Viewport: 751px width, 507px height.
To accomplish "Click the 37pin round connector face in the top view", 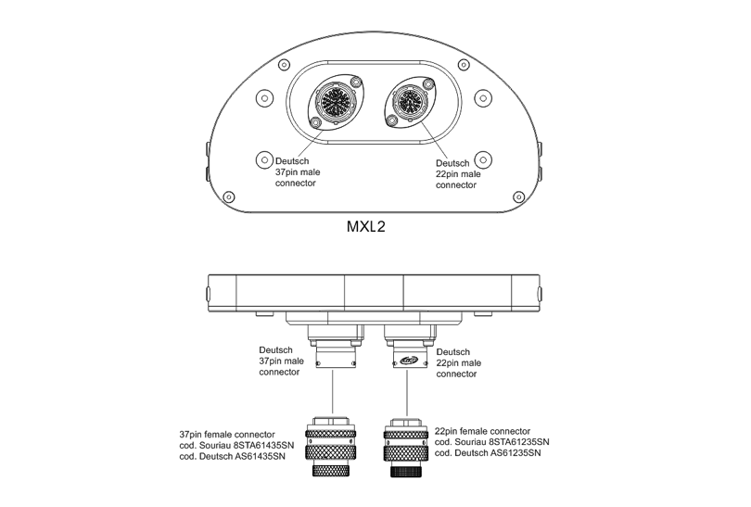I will tap(335, 100).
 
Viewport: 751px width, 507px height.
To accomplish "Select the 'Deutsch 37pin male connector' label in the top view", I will tap(289, 172).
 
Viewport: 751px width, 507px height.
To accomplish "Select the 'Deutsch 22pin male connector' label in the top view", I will tap(458, 173).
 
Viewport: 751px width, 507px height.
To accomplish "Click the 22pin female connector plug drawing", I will tap(409, 448).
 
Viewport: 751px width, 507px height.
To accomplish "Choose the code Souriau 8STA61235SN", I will tap(491, 442).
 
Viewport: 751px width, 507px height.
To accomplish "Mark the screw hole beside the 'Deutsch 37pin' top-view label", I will tap(262, 159).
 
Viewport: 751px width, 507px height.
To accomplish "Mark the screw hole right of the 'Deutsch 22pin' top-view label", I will tap(481, 159).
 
